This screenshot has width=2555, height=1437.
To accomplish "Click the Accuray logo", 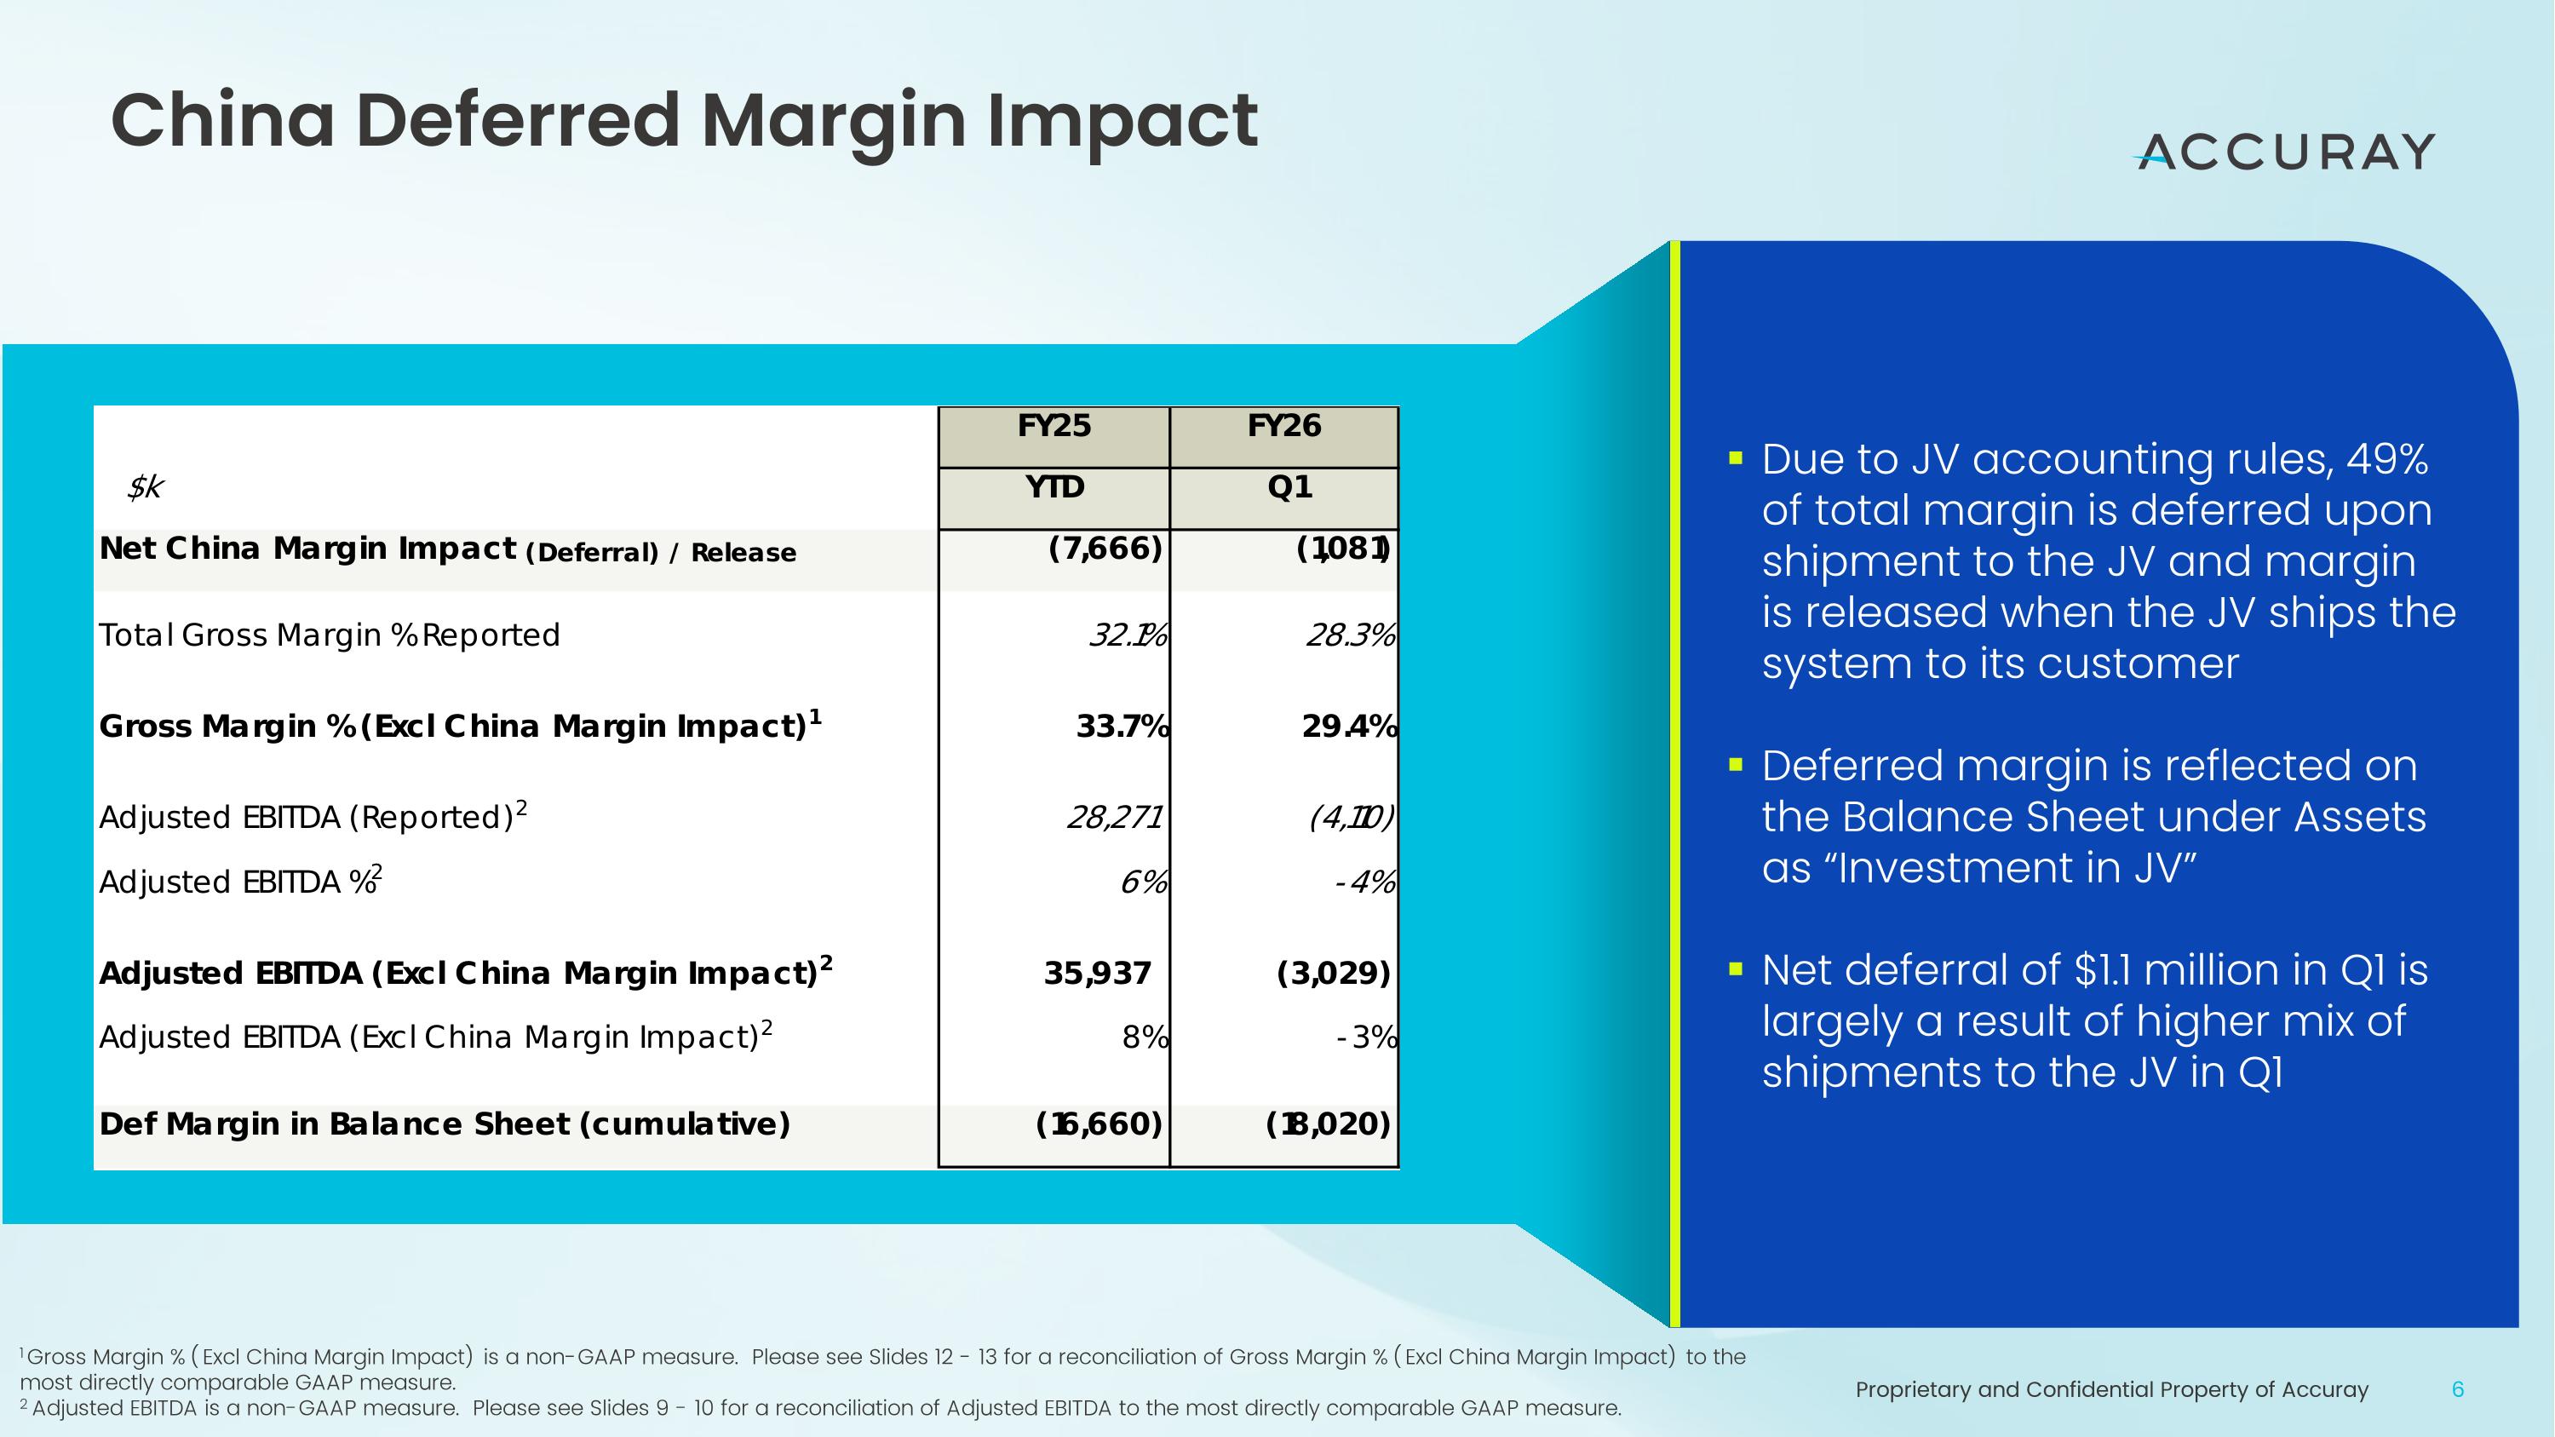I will pyautogui.click(x=2284, y=152).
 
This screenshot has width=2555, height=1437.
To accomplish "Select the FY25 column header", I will pyautogui.click(x=1054, y=427).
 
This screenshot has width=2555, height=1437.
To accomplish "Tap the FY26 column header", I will pyautogui.click(x=1283, y=427).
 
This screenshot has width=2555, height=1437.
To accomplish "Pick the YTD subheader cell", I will pyautogui.click(x=1054, y=487).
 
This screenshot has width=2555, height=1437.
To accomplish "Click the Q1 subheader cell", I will pyautogui.click(x=1289, y=487).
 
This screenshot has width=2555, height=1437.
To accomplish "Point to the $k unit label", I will pyautogui.click(x=145, y=487).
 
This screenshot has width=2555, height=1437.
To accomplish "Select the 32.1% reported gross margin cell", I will pyautogui.click(x=1128, y=635).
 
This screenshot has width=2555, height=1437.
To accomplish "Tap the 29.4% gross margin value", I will pyautogui.click(x=1349, y=727).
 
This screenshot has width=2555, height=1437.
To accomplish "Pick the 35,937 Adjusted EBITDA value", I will pyautogui.click(x=1097, y=974).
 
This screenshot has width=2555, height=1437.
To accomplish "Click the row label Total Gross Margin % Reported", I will pyautogui.click(x=330, y=635).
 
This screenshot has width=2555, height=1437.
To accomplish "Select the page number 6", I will pyautogui.click(x=2457, y=1389).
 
